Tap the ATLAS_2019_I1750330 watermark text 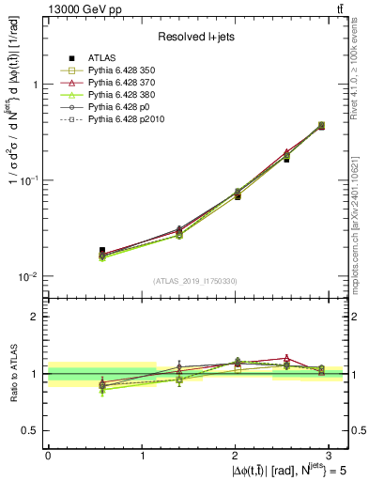[194, 281]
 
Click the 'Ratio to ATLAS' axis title [12, 373]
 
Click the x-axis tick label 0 [48, 455]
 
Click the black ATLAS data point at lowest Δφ [102, 251]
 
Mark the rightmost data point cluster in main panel [322, 125]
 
